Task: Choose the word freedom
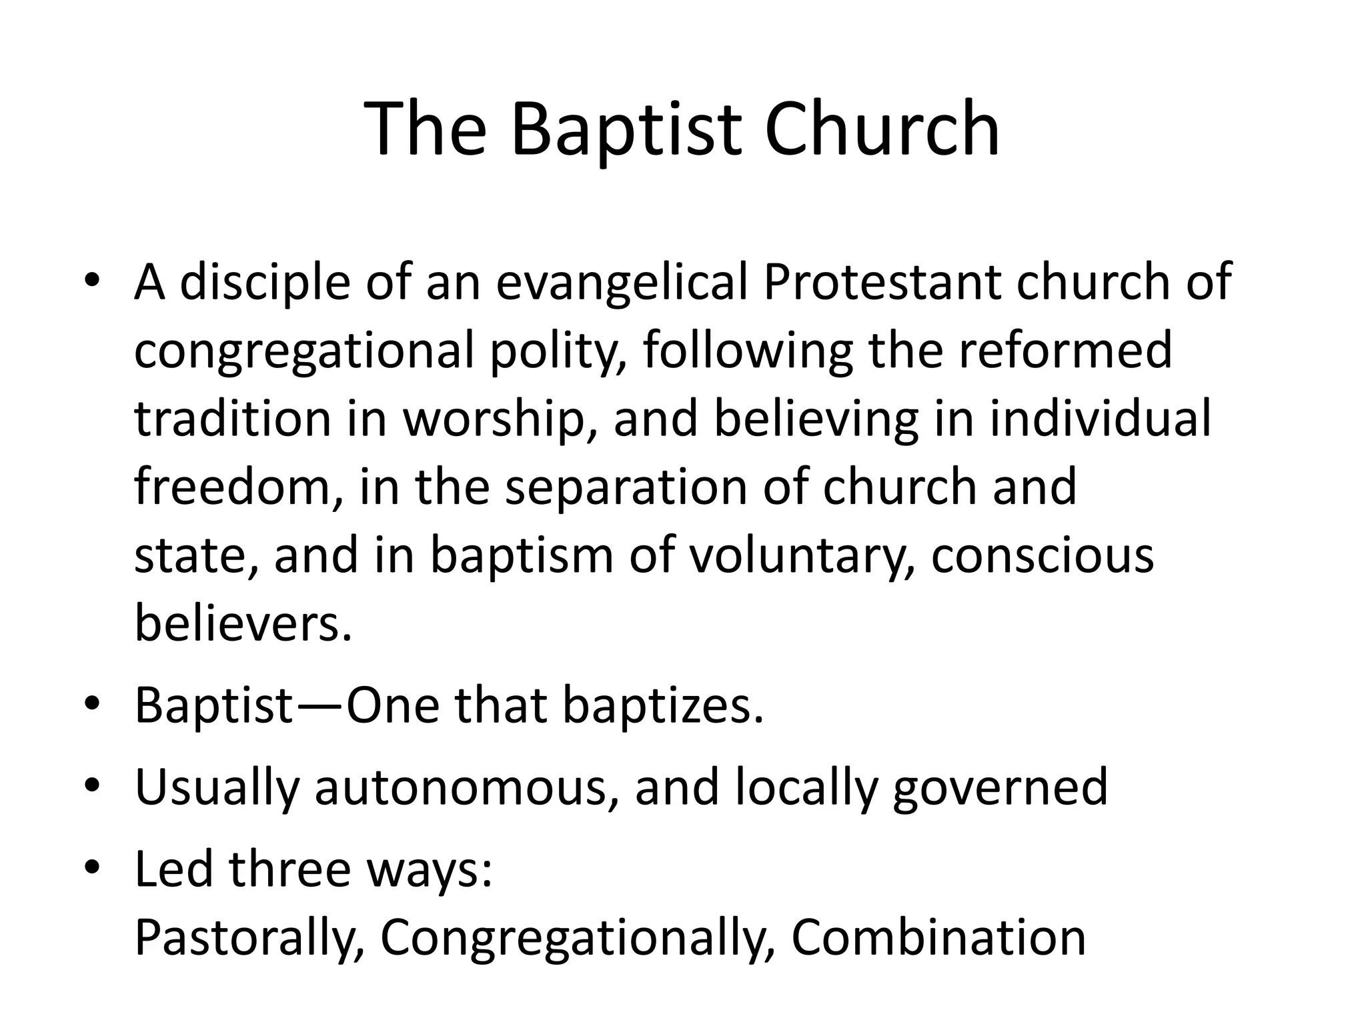[x=239, y=487]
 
